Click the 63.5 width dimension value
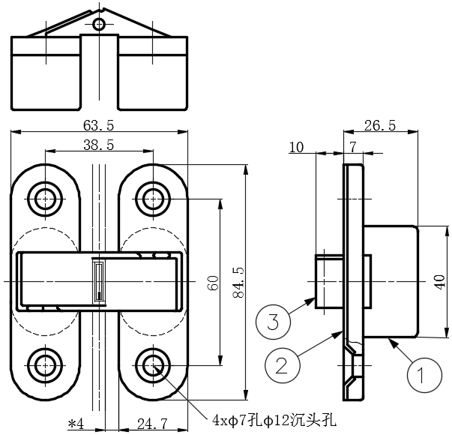(x=99, y=124)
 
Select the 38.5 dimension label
(x=99, y=144)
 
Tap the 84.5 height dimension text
(x=238, y=282)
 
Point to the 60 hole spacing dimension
(x=213, y=283)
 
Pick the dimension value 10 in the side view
(x=297, y=146)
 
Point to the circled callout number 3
(x=274, y=322)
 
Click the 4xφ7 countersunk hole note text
(x=272, y=417)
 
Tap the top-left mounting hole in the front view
(x=46, y=199)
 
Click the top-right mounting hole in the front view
(x=153, y=199)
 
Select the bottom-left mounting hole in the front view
(x=46, y=365)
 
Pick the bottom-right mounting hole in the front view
(x=153, y=365)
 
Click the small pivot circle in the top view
(x=99, y=25)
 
